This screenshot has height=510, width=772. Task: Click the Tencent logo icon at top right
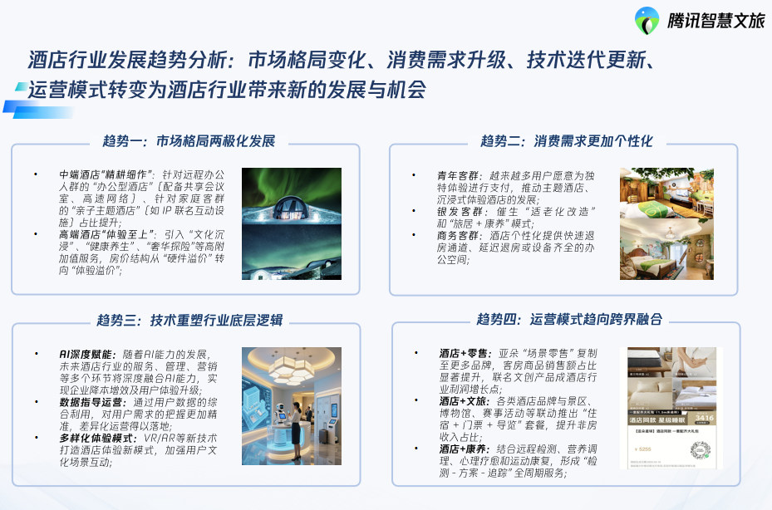tap(647, 21)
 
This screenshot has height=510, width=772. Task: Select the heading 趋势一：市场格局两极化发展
tap(189, 140)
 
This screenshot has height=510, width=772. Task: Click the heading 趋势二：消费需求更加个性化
tap(567, 140)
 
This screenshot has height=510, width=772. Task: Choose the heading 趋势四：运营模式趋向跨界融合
tap(565, 320)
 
